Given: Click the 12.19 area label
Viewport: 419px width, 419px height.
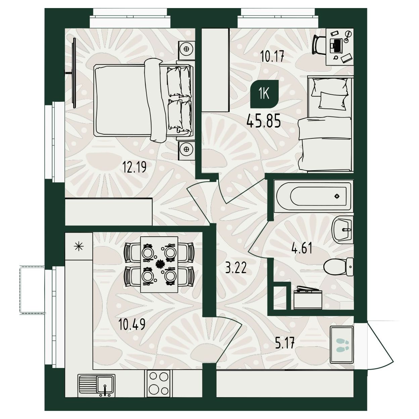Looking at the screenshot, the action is click(134, 167).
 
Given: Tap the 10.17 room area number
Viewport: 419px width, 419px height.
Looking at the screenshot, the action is click(272, 57).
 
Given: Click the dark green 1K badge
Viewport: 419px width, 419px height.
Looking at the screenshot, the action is click(265, 94).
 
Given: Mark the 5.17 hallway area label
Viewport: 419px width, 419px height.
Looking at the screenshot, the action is click(285, 343).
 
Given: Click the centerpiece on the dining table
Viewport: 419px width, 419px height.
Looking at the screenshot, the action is click(160, 264).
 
